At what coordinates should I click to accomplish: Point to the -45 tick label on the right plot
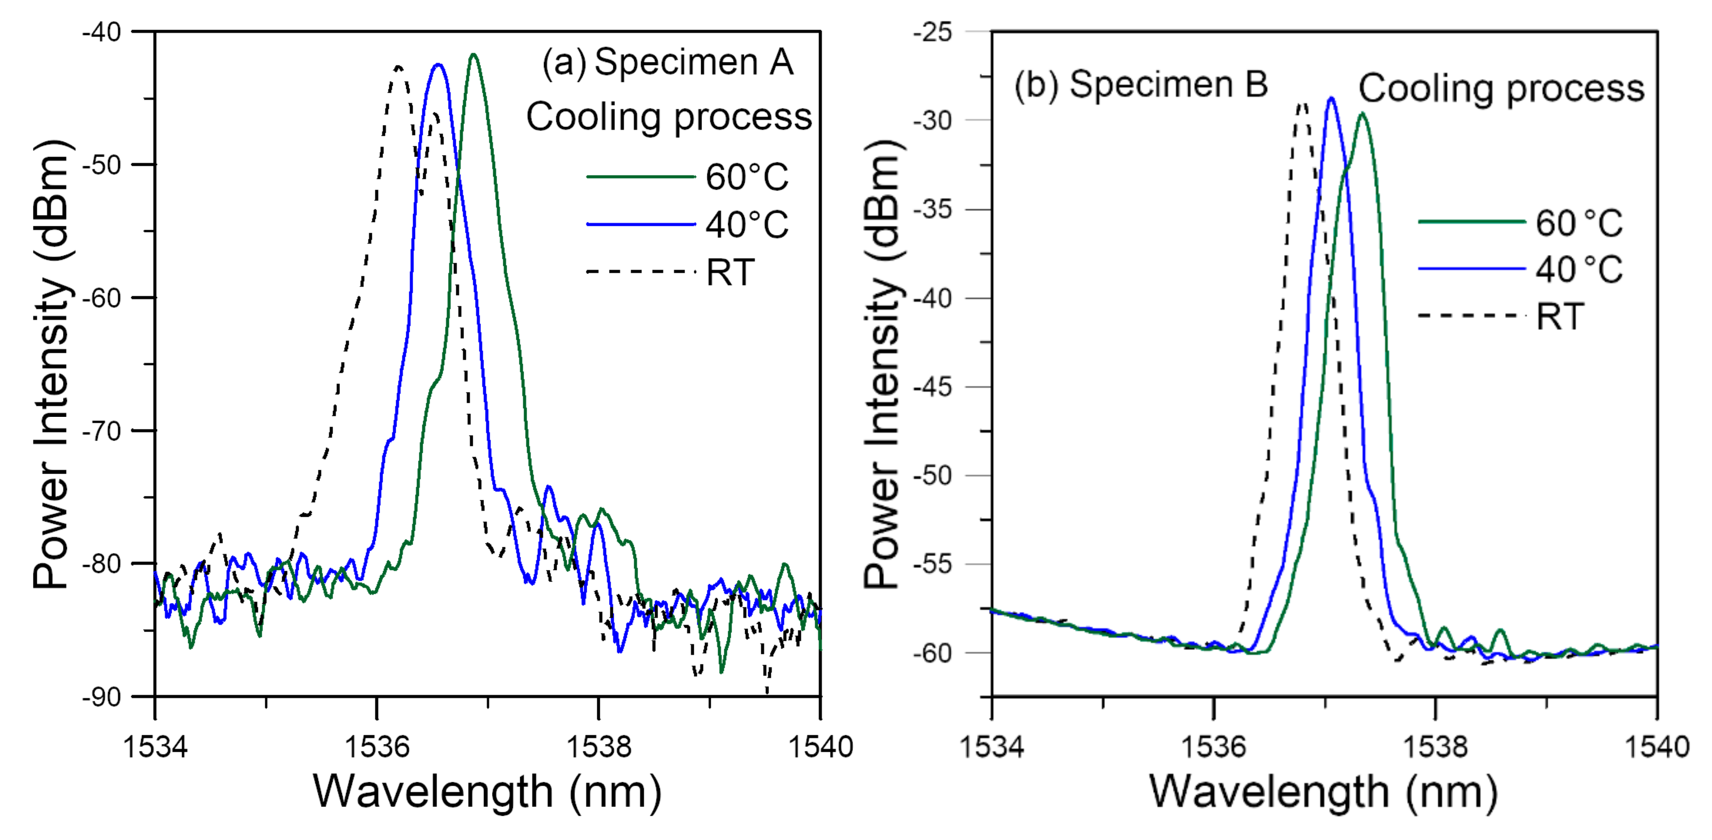[x=934, y=387]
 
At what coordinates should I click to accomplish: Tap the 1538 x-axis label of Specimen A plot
[x=598, y=747]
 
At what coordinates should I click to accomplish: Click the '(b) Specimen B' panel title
[x=1140, y=85]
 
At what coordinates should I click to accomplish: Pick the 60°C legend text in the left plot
[x=746, y=177]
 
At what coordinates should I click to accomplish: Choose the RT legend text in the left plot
[x=730, y=272]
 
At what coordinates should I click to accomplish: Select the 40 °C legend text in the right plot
[x=1578, y=269]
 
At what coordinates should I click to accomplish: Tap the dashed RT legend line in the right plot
[x=1472, y=315]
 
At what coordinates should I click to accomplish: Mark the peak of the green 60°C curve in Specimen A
[x=473, y=55]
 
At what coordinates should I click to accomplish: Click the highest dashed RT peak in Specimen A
[x=398, y=66]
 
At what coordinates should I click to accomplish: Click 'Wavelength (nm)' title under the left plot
[x=487, y=792]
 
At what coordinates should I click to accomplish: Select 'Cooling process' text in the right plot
[x=1501, y=88]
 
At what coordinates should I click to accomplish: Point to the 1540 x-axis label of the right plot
[x=1656, y=747]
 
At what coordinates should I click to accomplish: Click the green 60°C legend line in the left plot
[x=640, y=177]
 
